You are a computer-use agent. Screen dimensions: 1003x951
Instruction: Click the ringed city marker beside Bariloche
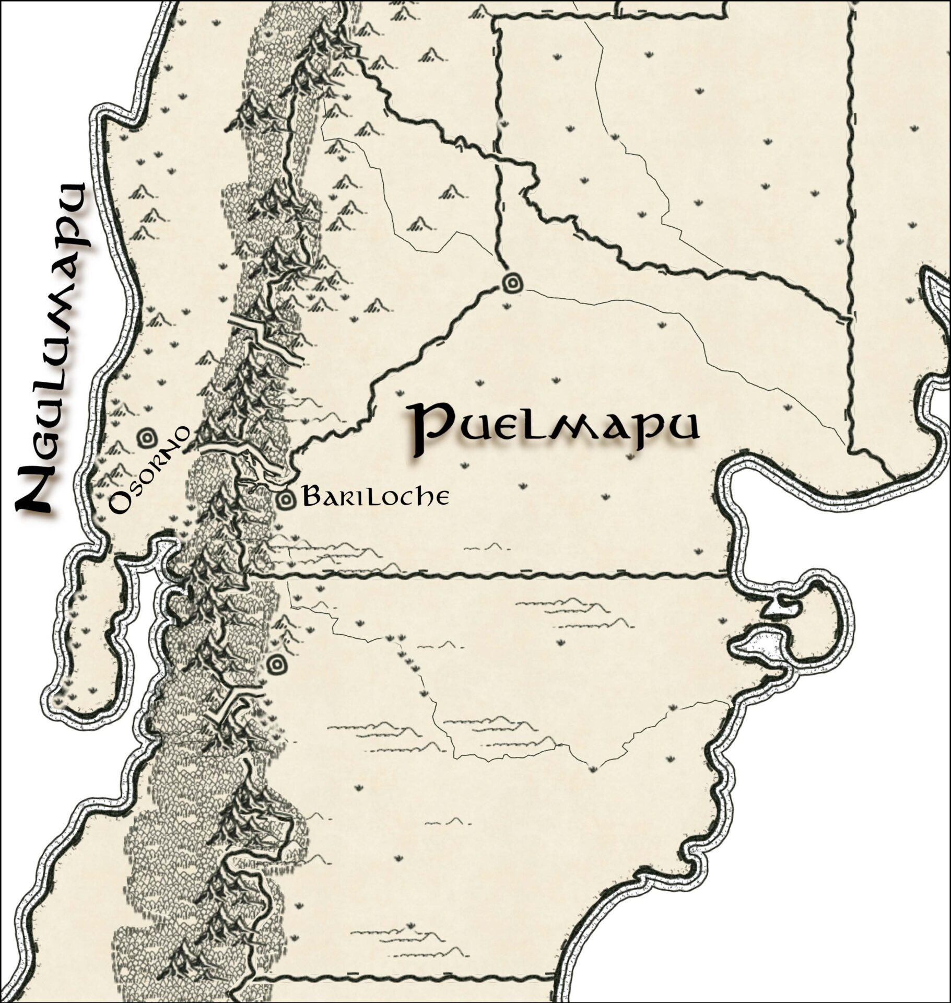[286, 500]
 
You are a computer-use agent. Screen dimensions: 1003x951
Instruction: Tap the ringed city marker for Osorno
[145, 438]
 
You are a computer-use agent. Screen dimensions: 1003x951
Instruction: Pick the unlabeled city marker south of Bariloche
[276, 665]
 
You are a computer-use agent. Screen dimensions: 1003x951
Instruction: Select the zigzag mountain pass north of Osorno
[266, 340]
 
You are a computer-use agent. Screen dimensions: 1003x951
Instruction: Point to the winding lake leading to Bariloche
[245, 460]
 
